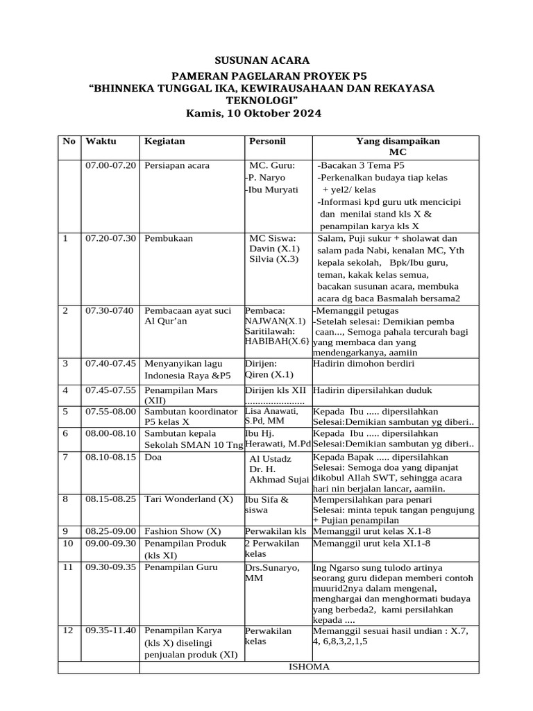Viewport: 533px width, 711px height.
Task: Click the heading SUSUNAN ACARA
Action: point(266,60)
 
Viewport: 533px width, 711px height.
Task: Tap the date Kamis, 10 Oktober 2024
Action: point(254,113)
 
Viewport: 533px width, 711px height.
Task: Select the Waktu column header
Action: point(101,141)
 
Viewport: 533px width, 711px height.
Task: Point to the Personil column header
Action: point(267,141)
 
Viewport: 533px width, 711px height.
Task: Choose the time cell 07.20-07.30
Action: point(111,238)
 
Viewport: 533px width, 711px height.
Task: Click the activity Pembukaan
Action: point(169,238)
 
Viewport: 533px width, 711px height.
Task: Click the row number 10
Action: point(68,543)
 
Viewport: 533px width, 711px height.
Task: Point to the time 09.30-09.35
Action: point(111,567)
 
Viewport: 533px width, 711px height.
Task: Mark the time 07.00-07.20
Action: point(111,165)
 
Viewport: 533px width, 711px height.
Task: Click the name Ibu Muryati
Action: point(272,189)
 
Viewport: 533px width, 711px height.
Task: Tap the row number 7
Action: point(66,458)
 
